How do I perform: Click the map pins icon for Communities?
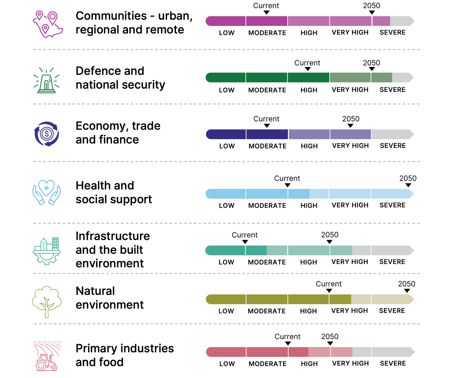pos(48,24)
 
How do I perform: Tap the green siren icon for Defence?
pos(47,80)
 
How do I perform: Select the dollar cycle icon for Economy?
pos(47,134)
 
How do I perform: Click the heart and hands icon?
pos(47,193)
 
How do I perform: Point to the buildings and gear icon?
pos(47,250)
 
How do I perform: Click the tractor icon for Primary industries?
pos(47,356)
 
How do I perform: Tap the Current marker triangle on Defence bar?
pos(308,69)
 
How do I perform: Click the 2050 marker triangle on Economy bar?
pos(350,126)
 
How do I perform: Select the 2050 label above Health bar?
pos(408,178)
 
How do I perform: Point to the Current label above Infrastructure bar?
pos(244,235)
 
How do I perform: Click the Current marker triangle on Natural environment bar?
pos(329,291)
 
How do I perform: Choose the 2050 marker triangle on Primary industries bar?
pos(330,343)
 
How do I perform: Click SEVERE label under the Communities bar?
pos(393,32)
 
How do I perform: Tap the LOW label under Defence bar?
pos(227,90)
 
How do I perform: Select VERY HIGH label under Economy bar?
pos(350,146)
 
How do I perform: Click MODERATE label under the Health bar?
pos(267,205)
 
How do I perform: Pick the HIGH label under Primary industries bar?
pos(309,364)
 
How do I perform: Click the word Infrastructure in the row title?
pos(113,236)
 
